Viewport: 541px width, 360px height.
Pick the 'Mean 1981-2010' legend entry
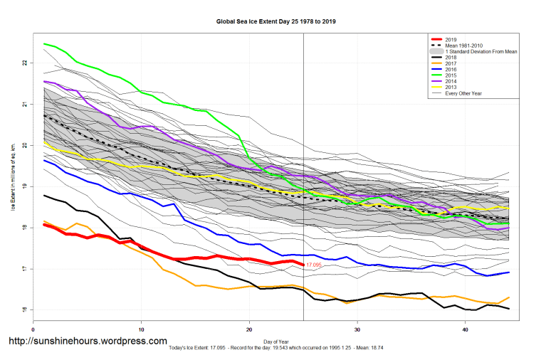463,46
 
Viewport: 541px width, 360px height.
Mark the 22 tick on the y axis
25,63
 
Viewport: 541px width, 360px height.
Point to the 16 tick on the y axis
25,310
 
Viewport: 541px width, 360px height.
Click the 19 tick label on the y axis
25,187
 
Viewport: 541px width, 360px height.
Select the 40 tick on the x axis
466,329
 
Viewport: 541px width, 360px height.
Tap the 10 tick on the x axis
142,329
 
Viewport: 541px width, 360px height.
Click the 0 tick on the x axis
33,329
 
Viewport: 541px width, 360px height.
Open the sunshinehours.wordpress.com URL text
88,342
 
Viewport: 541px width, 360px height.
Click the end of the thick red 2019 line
303,265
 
